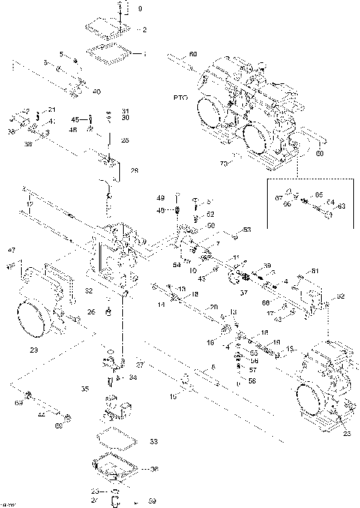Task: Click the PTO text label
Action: tap(181, 98)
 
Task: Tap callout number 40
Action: tap(96, 92)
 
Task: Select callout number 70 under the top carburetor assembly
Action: tap(222, 162)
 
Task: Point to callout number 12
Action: tap(30, 203)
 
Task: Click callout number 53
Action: tap(247, 229)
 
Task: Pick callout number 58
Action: tap(251, 380)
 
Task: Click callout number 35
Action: tap(85, 389)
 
